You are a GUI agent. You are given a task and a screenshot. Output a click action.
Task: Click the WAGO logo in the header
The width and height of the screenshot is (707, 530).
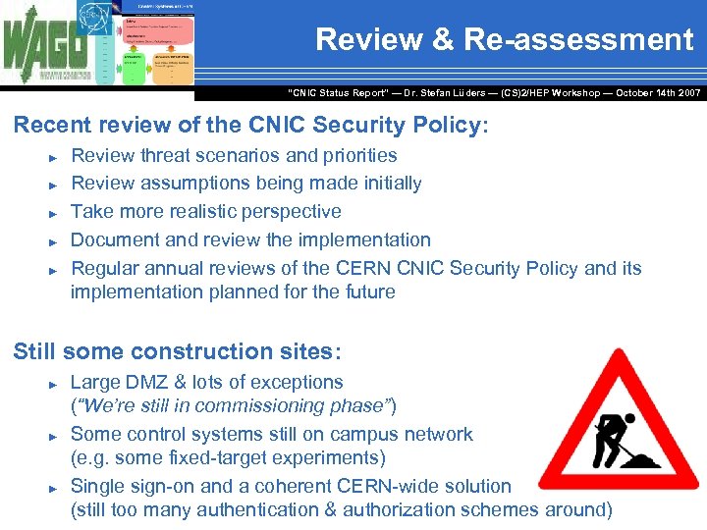[x=45, y=47]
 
